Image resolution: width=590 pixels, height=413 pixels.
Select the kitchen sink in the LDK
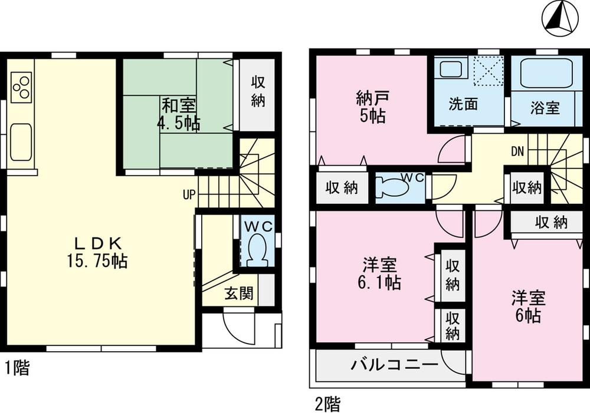pyautogui.click(x=21, y=141)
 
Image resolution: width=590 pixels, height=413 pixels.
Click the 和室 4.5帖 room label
pyautogui.click(x=178, y=115)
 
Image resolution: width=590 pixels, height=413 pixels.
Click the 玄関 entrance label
pyautogui.click(x=238, y=294)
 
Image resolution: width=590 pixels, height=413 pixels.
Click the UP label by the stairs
pyautogui.click(x=189, y=194)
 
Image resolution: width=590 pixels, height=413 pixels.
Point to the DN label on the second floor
pyautogui.click(x=517, y=151)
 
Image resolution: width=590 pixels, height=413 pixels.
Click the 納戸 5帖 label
pyautogui.click(x=371, y=107)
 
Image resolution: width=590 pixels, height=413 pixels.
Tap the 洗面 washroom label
pyautogui.click(x=463, y=105)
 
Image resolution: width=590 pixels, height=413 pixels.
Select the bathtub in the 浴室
pyautogui.click(x=546, y=73)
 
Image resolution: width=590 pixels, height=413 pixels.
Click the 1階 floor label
pyautogui.click(x=18, y=369)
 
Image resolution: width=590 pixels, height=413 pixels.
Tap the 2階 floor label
pyautogui.click(x=327, y=405)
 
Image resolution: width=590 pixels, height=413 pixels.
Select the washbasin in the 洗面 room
pyautogui.click(x=451, y=70)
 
